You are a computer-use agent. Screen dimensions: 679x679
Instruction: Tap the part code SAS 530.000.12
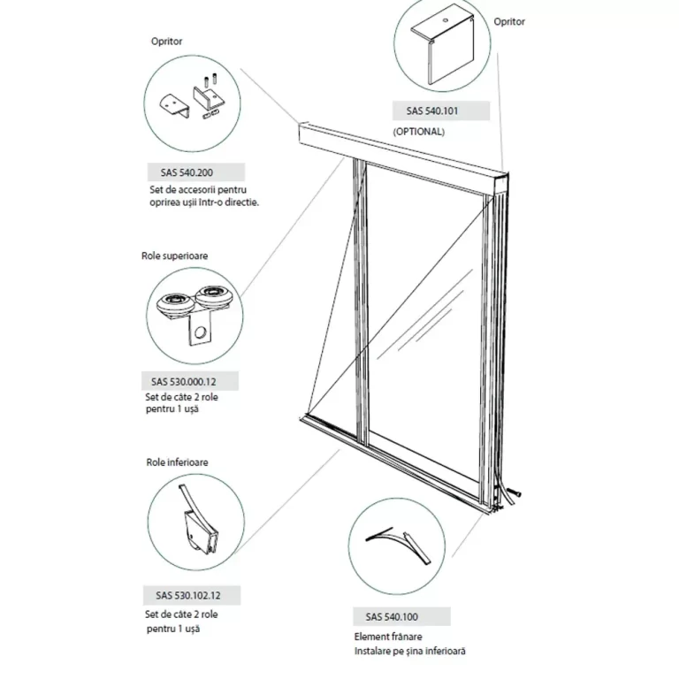tap(177, 382)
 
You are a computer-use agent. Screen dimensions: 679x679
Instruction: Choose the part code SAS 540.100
tap(390, 616)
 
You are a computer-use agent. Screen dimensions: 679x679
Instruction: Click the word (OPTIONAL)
tap(419, 132)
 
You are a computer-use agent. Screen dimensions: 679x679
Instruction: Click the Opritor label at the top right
tap(509, 21)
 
